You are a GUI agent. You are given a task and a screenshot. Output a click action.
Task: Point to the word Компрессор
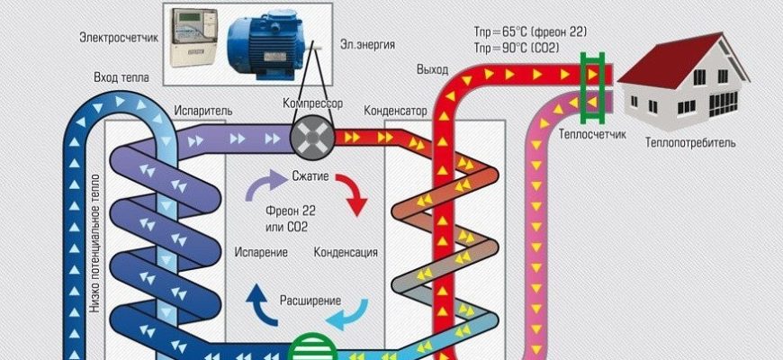[x=313, y=104]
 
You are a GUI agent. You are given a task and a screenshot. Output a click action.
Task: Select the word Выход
[x=433, y=69]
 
